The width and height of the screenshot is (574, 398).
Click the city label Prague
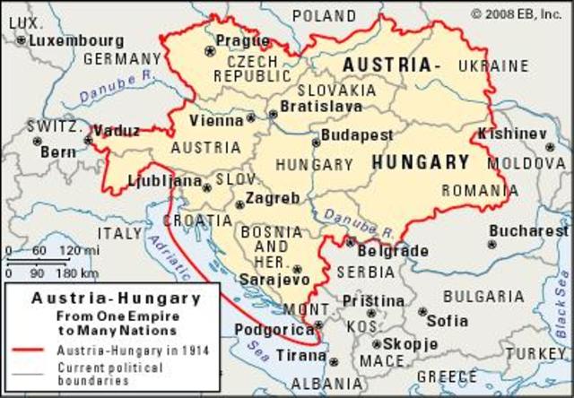[x=242, y=41]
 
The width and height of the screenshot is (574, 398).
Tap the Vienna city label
[x=216, y=120]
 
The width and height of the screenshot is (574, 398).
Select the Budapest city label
[x=357, y=134]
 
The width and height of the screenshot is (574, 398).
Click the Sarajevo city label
[x=274, y=280]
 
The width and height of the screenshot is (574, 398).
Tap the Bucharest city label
[x=529, y=230]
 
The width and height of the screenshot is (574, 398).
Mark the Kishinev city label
[x=512, y=133]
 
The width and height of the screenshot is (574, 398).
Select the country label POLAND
[x=324, y=15]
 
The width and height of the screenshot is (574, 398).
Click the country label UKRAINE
[x=493, y=66]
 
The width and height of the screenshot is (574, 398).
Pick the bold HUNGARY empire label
[x=420, y=162]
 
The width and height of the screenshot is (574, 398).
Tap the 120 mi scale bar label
[x=74, y=250]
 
